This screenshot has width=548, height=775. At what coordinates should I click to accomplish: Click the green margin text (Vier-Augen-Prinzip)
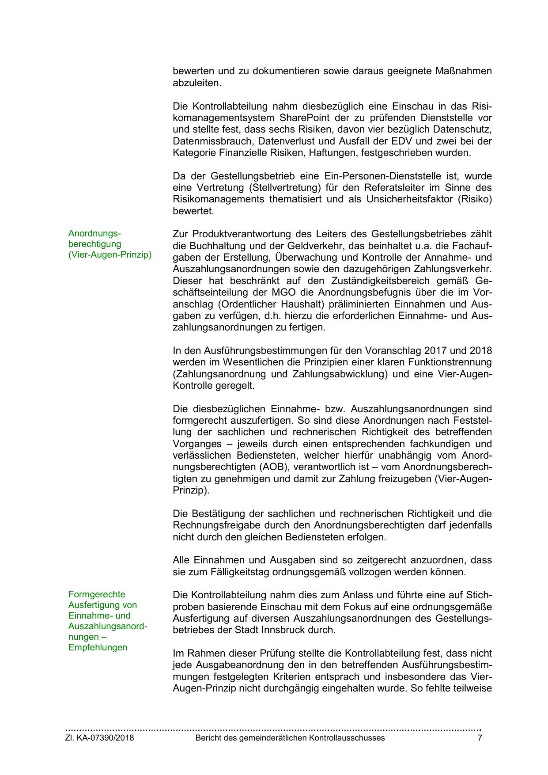[110, 255]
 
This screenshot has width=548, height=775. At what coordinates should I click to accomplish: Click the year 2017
[435, 351]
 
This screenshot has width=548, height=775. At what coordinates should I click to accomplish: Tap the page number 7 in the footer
[480, 738]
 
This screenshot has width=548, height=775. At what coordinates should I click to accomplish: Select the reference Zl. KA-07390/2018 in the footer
[100, 738]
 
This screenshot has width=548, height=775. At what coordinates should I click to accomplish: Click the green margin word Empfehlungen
[98, 647]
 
